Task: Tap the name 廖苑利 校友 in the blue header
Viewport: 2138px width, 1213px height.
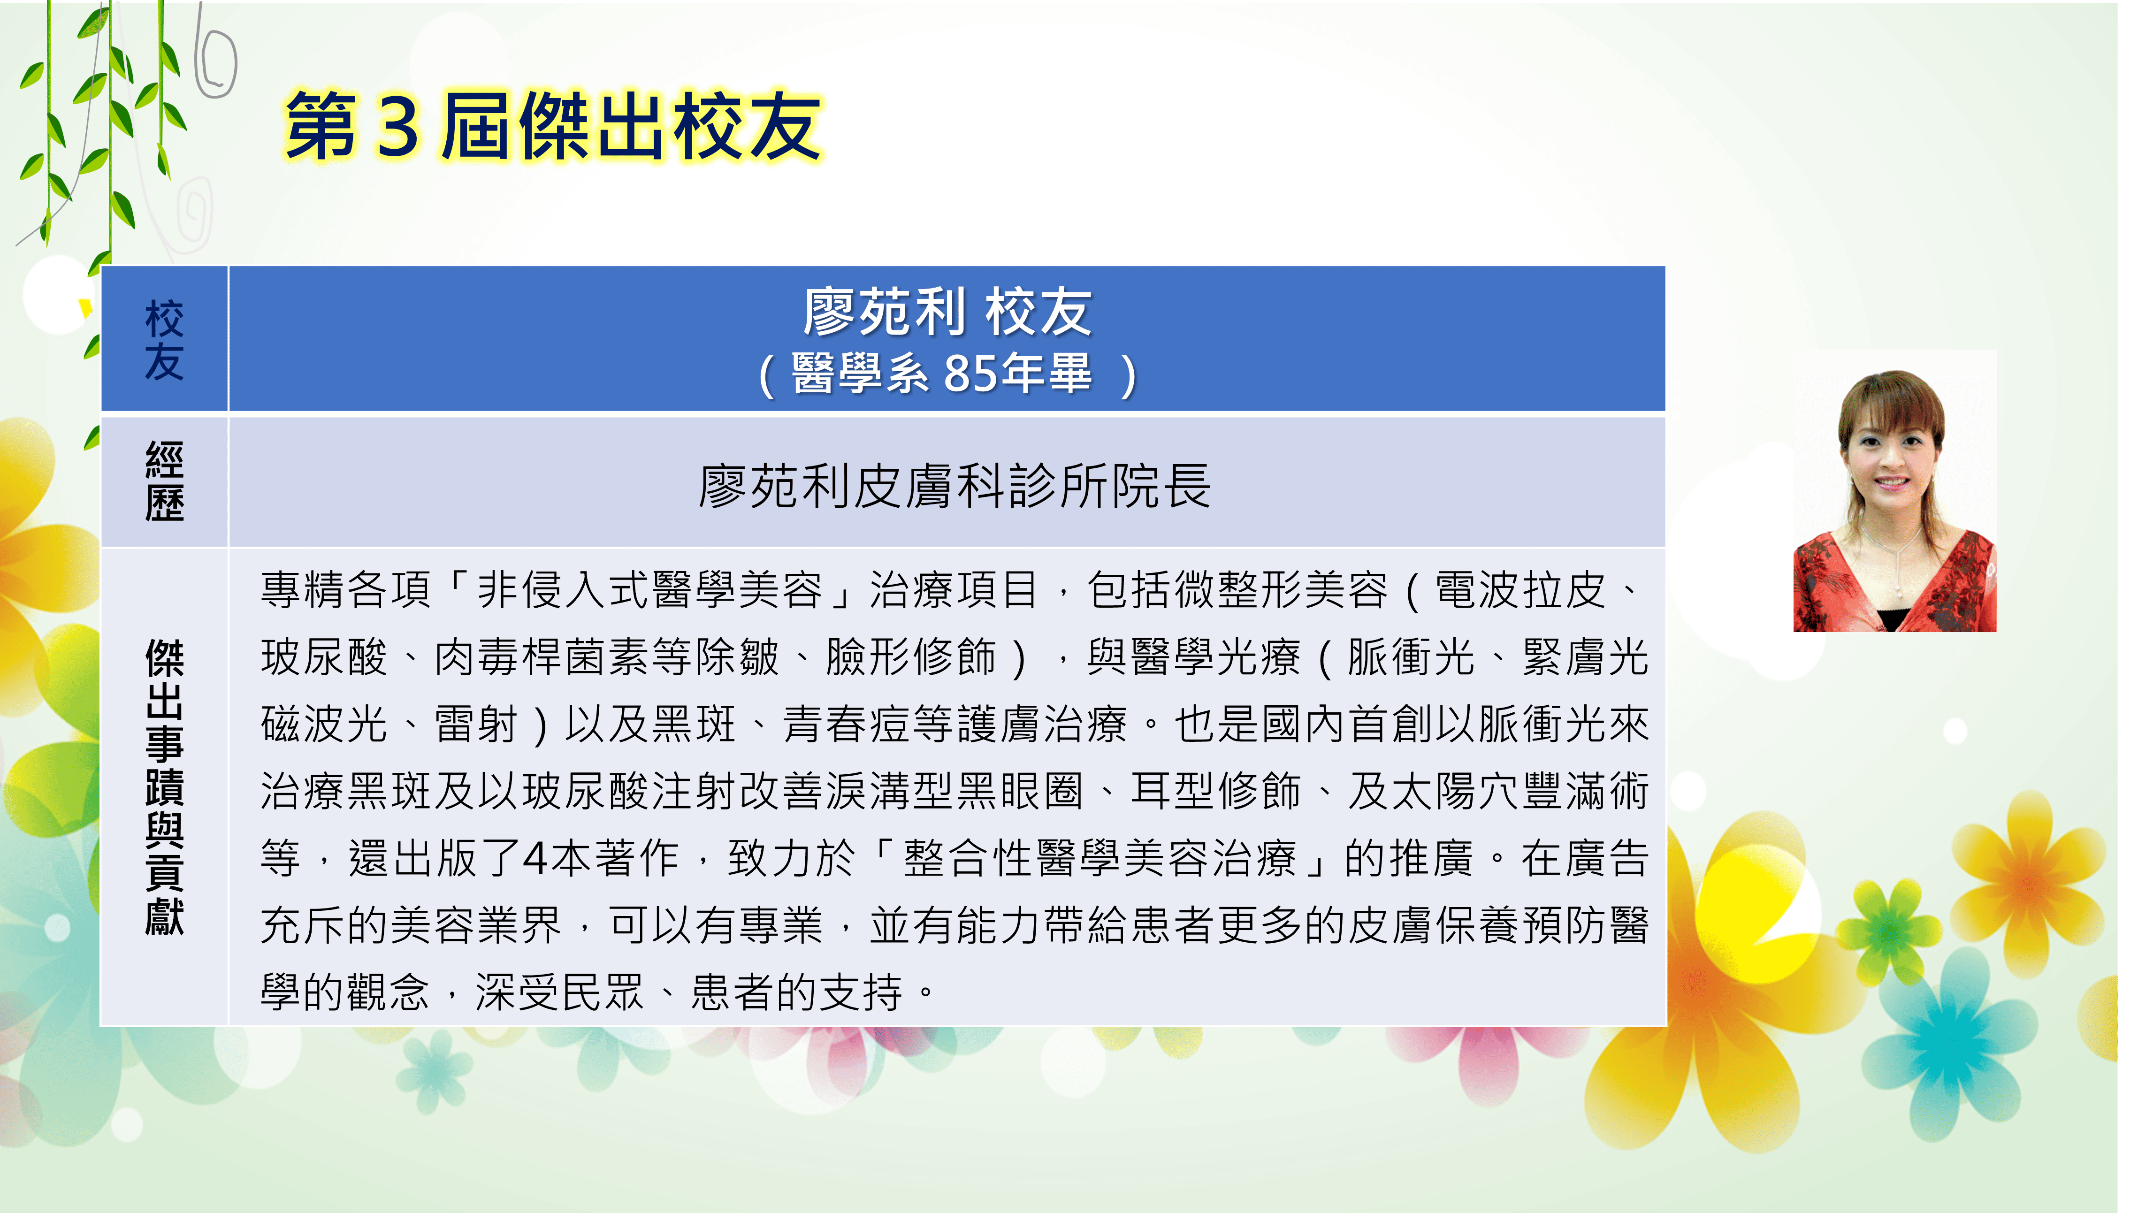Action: [947, 312]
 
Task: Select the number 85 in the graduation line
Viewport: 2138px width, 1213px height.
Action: [971, 373]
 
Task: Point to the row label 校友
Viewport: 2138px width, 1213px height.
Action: [164, 340]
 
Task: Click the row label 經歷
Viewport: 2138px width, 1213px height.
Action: [164, 481]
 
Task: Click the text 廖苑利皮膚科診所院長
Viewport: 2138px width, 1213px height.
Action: [954, 486]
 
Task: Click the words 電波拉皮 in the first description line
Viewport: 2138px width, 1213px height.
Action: [1519, 590]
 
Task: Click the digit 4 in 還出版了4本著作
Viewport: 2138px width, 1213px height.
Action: [534, 858]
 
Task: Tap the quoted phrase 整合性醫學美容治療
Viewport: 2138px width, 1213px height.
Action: [1100, 858]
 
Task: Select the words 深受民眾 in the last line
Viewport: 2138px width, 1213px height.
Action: [560, 992]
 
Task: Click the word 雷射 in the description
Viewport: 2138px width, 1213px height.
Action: [476, 724]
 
